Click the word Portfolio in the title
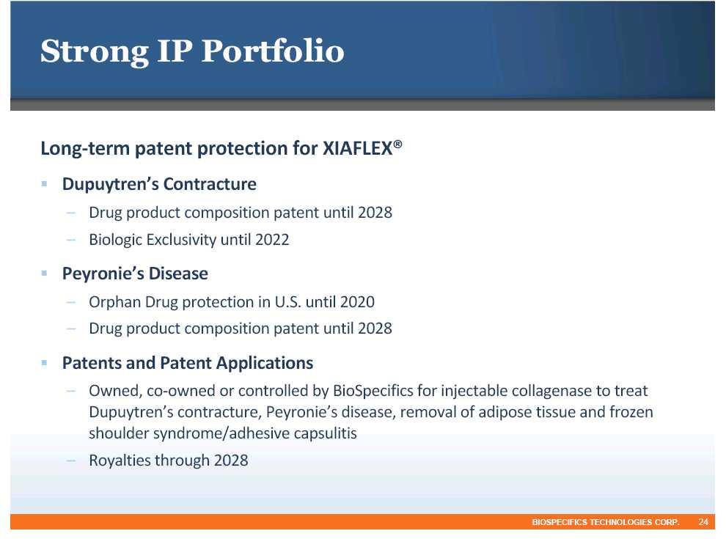pos(273,51)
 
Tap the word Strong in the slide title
pos(95,52)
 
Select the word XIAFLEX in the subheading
pos(357,149)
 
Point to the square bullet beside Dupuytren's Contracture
pos(45,184)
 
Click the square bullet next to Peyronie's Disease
pos(45,274)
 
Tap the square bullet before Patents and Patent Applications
pos(45,362)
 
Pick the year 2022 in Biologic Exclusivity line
pos(272,239)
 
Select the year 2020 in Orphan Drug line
pos(357,302)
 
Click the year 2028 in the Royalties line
pos(231,461)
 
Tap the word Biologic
pos(116,240)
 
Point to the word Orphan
pos(115,302)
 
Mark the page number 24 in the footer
pos(703,522)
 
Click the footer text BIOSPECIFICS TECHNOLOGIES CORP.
pos(606,522)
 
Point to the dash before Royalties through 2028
pos(71,461)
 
